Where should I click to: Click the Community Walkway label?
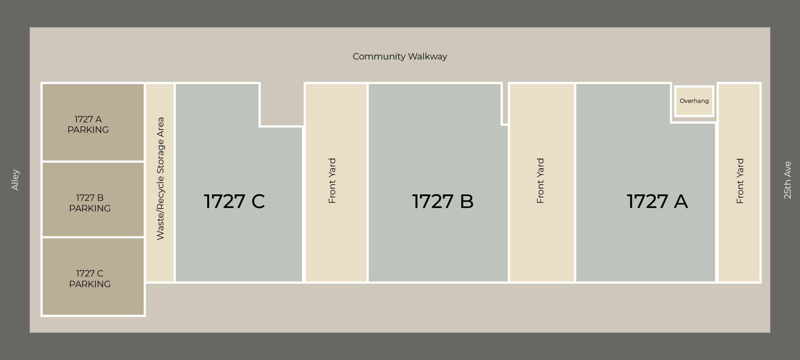pyautogui.click(x=400, y=57)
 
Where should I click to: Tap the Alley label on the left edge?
pyautogui.click(x=15, y=180)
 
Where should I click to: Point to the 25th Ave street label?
pyautogui.click(x=787, y=180)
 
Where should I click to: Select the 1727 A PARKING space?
pyautogui.click(x=93, y=122)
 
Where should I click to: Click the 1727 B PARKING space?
pyautogui.click(x=93, y=199)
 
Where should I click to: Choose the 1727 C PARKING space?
pyautogui.click(x=93, y=277)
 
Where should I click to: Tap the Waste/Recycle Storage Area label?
pyautogui.click(x=160, y=178)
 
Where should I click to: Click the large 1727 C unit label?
pyautogui.click(x=234, y=201)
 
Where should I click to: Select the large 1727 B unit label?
pyautogui.click(x=443, y=201)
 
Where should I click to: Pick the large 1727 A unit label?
pyautogui.click(x=657, y=201)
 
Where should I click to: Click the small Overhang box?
pyautogui.click(x=694, y=101)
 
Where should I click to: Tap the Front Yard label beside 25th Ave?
pyautogui.click(x=740, y=181)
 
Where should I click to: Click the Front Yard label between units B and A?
pyautogui.click(x=540, y=181)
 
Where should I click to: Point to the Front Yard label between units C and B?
pyautogui.click(x=332, y=181)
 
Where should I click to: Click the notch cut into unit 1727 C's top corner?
pyautogui.click(x=282, y=104)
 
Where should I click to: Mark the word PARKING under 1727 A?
pyautogui.click(x=88, y=130)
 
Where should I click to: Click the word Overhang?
pyautogui.click(x=694, y=101)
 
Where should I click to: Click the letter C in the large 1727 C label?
pyautogui.click(x=258, y=201)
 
